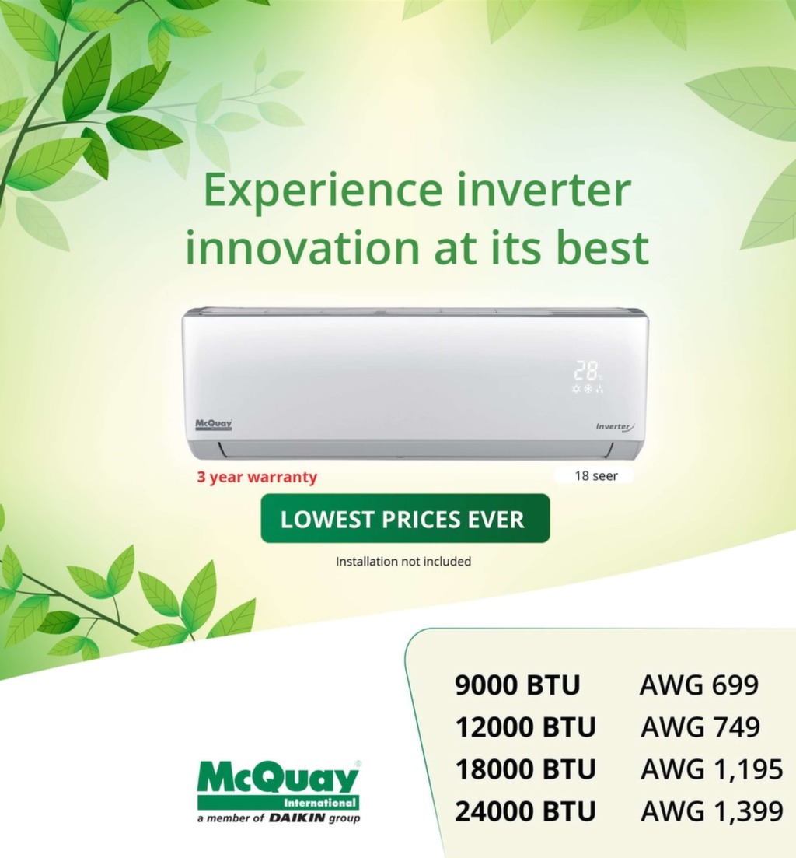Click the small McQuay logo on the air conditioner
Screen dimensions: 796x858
tap(214, 424)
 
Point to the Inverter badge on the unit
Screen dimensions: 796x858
tap(615, 427)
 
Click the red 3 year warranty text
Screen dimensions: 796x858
tap(257, 477)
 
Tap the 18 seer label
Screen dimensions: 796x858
tap(596, 475)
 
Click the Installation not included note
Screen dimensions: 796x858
tap(403, 562)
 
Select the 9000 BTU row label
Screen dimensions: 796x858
tap(517, 685)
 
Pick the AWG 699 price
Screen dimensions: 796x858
tap(700, 685)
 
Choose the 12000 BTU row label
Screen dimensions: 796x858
tap(525, 727)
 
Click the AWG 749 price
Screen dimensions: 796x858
tap(700, 727)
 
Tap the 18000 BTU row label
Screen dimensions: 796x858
tap(525, 769)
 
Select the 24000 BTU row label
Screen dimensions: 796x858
tap(525, 811)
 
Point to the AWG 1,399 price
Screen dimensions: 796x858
tap(712, 811)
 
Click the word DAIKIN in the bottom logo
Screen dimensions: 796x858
tap(298, 818)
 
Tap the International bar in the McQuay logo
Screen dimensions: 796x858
tap(278, 803)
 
